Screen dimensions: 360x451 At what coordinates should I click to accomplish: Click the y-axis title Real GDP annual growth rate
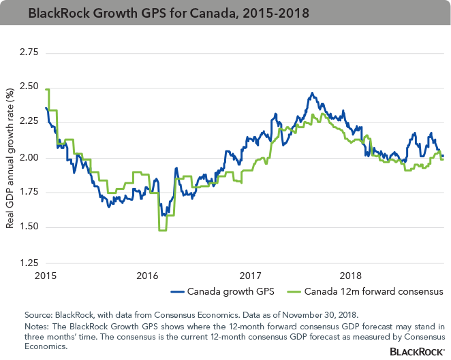pyautogui.click(x=10, y=158)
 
